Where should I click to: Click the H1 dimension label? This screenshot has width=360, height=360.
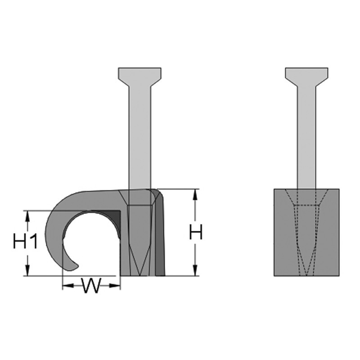click(x=25, y=242)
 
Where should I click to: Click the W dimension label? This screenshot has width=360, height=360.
click(x=91, y=286)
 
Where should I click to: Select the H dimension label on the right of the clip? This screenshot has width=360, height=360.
click(x=195, y=233)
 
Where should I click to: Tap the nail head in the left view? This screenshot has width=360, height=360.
click(x=139, y=74)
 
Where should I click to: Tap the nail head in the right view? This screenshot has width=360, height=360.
click(x=307, y=74)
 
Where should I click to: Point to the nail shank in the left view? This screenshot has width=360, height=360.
click(x=139, y=135)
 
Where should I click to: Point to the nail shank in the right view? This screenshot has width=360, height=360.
click(x=307, y=135)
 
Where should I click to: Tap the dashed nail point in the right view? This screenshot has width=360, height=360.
click(x=307, y=265)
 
